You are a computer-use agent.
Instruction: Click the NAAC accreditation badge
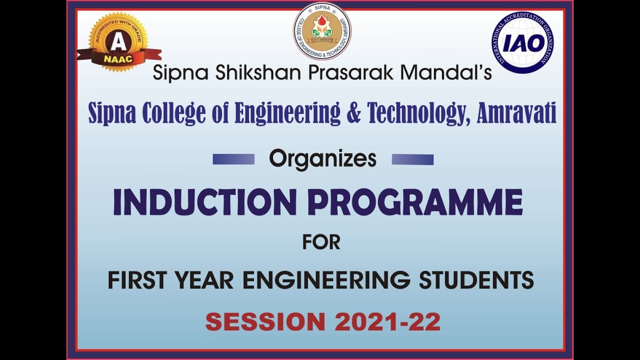118,43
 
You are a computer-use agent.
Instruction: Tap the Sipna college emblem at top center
322,31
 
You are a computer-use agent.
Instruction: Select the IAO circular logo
522,43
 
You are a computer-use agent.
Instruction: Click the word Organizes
322,159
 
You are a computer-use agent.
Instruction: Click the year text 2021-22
387,321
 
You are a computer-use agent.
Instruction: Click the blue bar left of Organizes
233,159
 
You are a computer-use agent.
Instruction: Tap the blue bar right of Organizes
412,159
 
